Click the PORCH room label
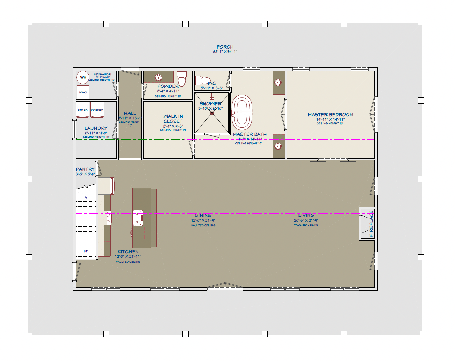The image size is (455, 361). pos(225,47)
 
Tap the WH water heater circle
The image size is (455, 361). pos(83,77)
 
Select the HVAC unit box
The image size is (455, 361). pos(83,92)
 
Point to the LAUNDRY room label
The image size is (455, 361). pos(96,128)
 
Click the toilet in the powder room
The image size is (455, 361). pos(182,80)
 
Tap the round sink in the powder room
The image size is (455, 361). pos(159,78)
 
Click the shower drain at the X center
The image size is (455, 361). pos(212,113)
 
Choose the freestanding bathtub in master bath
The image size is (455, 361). pos(242,113)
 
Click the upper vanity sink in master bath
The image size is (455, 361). pos(278,82)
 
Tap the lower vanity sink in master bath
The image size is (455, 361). pos(278,146)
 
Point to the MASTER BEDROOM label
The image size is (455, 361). pos(331,115)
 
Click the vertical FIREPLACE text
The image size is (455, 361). pos(371,224)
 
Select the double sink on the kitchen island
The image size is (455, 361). pos(137,218)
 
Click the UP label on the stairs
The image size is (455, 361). pos(86,251)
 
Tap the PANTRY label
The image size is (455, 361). pos(85,169)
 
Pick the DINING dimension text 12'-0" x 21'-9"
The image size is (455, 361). pos(203,220)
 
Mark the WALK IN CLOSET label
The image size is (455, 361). pos(173,119)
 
